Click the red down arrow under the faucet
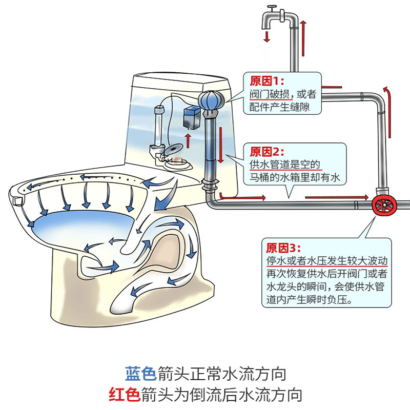tap(266, 36)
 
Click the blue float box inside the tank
tap(191, 118)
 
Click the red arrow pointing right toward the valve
tap(336, 197)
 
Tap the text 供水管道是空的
tap(284, 165)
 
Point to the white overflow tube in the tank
tap(159, 128)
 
